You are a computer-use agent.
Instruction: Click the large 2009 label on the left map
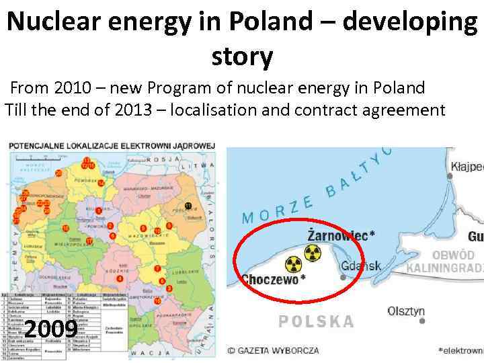pos(50,329)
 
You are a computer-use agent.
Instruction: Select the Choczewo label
pos(273,279)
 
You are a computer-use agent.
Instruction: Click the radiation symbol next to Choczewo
pos(292,264)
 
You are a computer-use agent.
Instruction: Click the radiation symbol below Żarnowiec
pos(313,253)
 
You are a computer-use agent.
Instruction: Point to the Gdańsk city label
pos(361,266)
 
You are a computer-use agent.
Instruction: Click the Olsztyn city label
pos(406,311)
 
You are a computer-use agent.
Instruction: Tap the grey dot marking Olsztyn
pos(422,321)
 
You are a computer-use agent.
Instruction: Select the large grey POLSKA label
pos(317,321)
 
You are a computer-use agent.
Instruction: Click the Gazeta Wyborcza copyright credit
pos(272,350)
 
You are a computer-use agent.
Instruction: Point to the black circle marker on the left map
pos(188,205)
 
